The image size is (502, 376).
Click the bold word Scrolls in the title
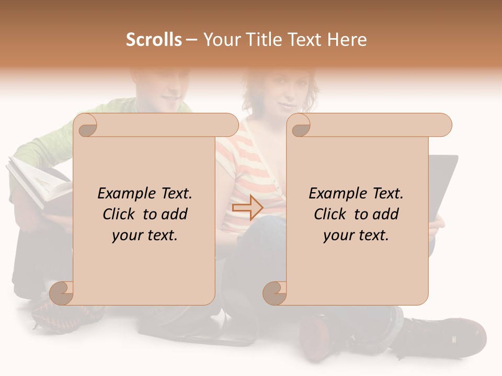[154, 40]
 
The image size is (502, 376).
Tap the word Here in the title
[347, 40]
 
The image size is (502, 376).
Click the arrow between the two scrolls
[247, 208]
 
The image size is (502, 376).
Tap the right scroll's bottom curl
[275, 293]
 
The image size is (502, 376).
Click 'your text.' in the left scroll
[145, 236]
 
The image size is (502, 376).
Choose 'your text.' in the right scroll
[356, 236]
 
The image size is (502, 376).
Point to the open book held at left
[39, 183]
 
